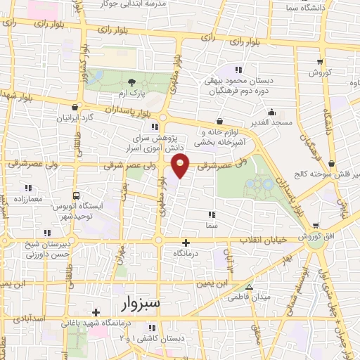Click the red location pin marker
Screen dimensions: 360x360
tap(181, 167)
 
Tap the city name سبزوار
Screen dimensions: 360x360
tap(136, 304)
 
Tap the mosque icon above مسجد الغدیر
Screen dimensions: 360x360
tap(271, 111)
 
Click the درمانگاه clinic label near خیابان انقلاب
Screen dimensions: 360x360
tap(186, 251)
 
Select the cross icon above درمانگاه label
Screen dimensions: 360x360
tap(186, 241)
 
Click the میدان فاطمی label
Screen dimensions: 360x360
tap(247, 297)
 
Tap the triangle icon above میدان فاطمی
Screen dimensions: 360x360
tap(248, 287)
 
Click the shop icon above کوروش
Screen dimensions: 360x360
tap(320, 62)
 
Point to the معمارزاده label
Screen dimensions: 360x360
tap(29, 200)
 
